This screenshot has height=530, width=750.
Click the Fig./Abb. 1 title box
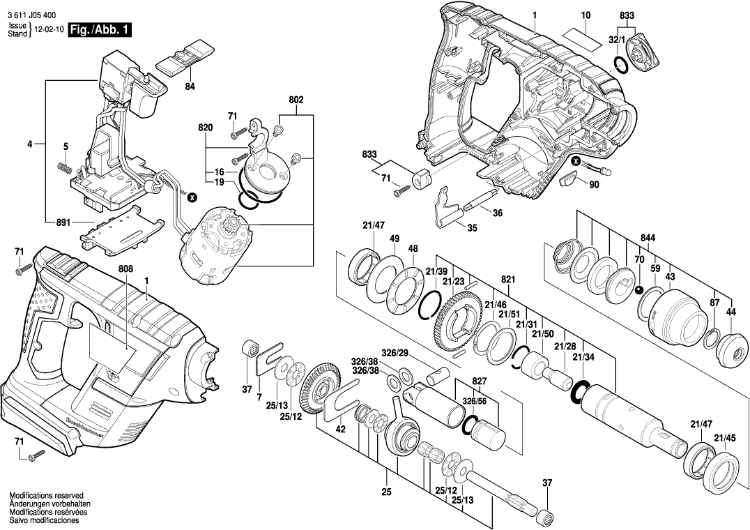pos(99,30)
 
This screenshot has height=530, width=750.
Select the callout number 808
pos(125,268)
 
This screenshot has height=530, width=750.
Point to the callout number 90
pos(594,185)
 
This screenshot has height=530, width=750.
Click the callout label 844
pos(648,238)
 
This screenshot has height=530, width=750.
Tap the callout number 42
pos(340,430)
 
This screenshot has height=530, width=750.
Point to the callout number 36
pos(497,214)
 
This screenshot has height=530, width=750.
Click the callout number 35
pos(472,228)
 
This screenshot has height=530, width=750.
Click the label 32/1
pos(617,41)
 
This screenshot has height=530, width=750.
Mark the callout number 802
pos(296,100)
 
